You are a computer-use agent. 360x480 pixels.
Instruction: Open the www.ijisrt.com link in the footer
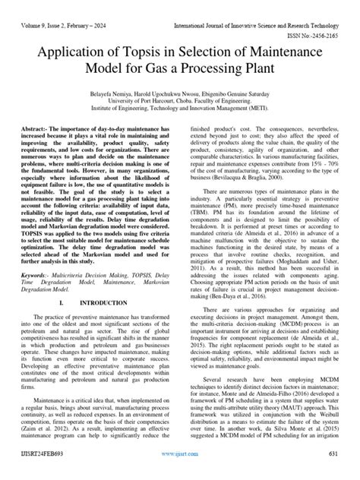[x=179, y=469]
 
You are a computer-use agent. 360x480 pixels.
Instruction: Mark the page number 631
[x=332, y=469]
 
